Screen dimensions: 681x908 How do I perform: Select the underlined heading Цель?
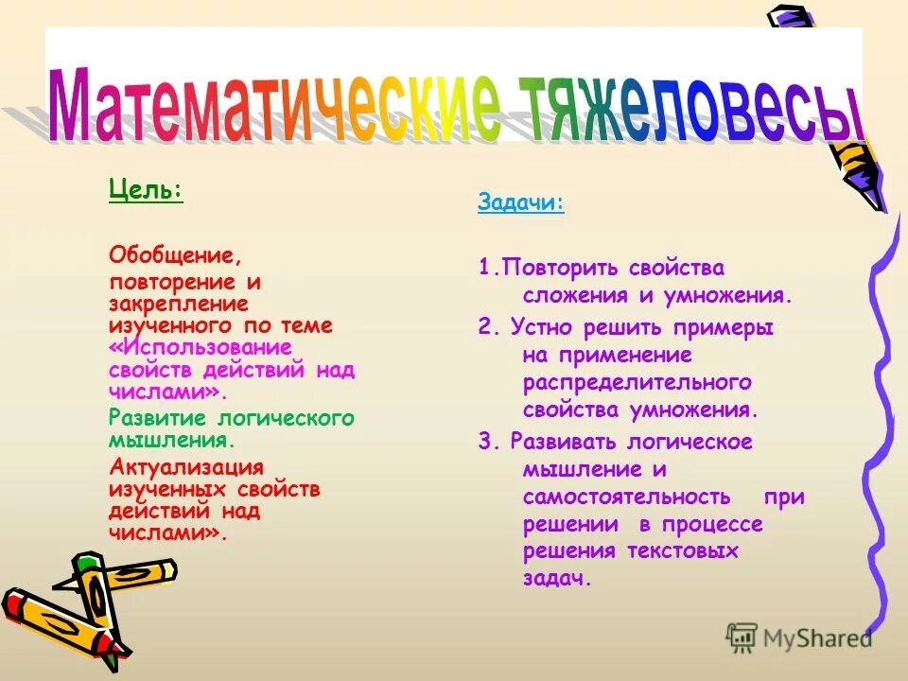(x=146, y=190)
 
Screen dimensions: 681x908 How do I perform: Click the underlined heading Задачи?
(x=521, y=203)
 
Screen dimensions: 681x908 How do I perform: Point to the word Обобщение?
(x=176, y=255)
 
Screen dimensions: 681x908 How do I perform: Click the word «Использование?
(x=200, y=348)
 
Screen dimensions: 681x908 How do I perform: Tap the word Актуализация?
(x=186, y=467)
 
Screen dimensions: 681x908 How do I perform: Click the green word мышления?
(x=171, y=440)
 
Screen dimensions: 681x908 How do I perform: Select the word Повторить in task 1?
(x=558, y=269)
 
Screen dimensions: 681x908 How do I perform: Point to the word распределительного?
(x=637, y=383)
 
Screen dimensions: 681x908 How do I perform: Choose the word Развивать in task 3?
(x=564, y=442)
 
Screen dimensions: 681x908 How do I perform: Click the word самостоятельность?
(x=626, y=498)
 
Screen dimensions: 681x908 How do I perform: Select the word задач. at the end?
(x=557, y=579)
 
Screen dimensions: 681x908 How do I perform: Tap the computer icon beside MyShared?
(x=742, y=638)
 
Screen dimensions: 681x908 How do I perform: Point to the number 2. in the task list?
(x=488, y=327)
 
